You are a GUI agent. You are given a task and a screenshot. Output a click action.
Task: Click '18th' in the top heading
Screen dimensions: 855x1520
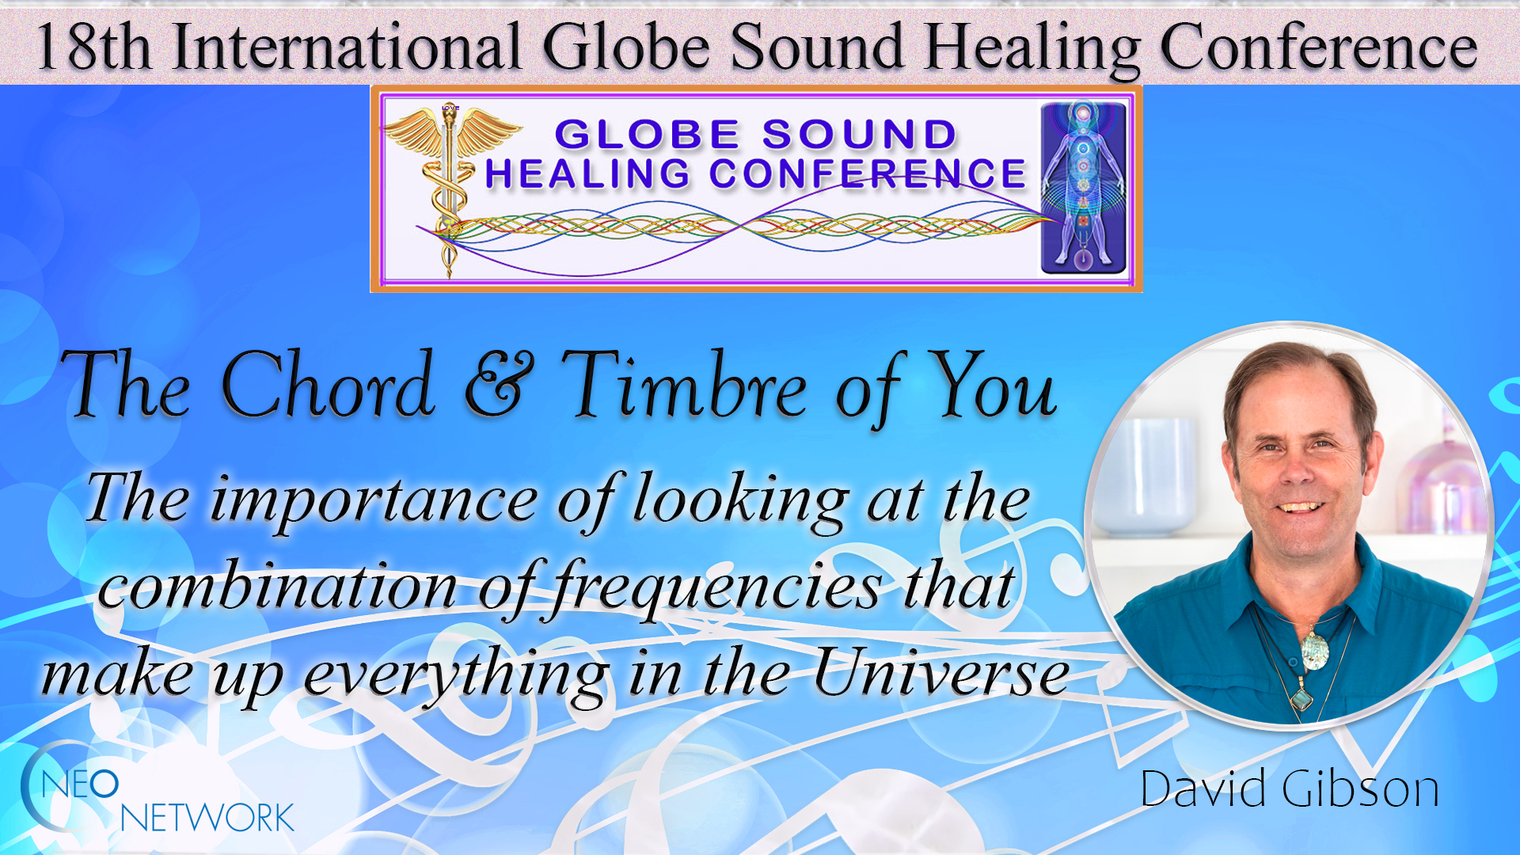tap(93, 47)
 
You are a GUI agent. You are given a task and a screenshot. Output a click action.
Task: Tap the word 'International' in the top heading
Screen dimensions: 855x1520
tap(347, 47)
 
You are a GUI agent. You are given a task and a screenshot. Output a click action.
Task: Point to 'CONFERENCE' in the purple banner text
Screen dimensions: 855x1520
tap(867, 174)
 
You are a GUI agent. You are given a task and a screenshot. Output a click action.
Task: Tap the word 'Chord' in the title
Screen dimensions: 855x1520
tap(328, 386)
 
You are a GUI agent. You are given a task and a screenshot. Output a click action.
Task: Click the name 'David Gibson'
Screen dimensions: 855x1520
tap(1289, 789)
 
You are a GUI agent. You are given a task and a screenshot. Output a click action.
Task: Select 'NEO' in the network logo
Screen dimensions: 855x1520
tap(79, 785)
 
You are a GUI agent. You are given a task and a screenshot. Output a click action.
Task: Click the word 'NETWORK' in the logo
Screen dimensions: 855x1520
tap(207, 819)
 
